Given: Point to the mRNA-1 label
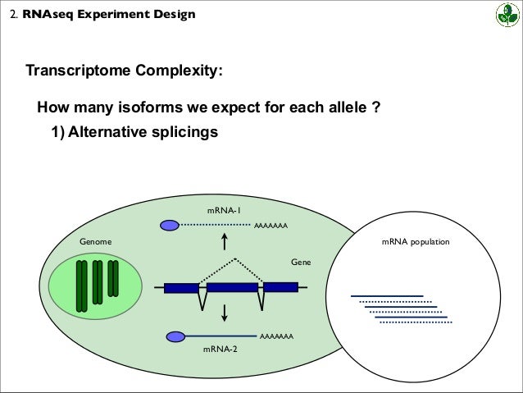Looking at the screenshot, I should point(223,211).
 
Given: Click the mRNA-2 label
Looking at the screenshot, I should point(220,349).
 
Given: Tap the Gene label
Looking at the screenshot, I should point(301,261).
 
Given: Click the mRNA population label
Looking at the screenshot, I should point(416,244).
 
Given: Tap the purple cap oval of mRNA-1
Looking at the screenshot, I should point(169,224).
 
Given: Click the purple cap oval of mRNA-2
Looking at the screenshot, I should point(175,336).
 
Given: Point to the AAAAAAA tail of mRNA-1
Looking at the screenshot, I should point(271,224).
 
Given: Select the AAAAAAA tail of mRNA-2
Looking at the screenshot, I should point(276,336).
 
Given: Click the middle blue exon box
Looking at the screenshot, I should point(232,288).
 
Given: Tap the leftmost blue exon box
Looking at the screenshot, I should point(181,288).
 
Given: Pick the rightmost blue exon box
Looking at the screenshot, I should point(280,287).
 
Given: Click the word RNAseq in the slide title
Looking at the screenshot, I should point(51,13).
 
